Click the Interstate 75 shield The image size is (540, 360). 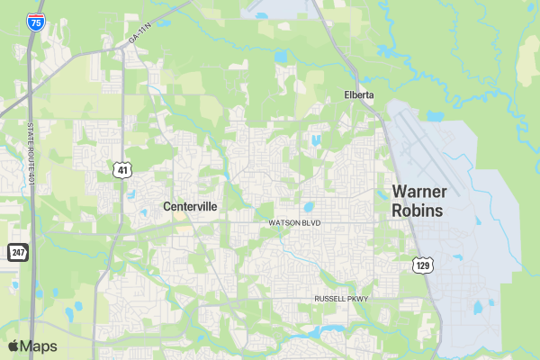(35, 22)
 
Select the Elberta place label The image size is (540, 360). (358, 94)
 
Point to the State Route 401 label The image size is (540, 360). (31, 154)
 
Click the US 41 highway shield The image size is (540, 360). (121, 169)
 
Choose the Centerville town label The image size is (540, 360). (190, 206)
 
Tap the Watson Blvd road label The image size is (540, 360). (294, 222)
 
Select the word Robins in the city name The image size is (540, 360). (417, 211)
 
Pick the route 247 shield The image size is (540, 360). (18, 252)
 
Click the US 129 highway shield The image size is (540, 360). (424, 265)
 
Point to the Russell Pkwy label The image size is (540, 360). (341, 298)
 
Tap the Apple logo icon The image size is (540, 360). (13, 346)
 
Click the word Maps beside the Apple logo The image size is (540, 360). (39, 346)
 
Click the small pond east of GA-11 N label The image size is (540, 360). (281, 56)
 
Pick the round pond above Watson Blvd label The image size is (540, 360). (308, 206)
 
